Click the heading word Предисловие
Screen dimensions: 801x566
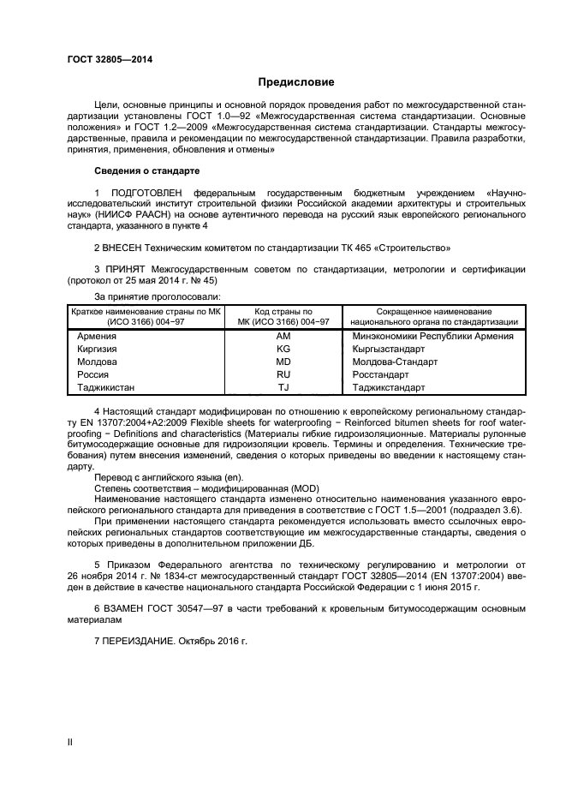[296, 82]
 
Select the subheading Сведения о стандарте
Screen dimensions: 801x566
[146, 171]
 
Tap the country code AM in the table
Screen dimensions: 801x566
[283, 337]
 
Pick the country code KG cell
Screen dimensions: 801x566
[283, 350]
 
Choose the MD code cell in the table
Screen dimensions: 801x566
[283, 362]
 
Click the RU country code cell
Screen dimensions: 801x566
[283, 375]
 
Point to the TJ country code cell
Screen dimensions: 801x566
[283, 388]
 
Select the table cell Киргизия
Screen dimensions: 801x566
[98, 350]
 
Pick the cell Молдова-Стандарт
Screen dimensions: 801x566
[395, 362]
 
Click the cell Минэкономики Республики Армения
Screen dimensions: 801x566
[432, 337]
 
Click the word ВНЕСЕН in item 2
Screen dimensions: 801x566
[122, 248]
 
